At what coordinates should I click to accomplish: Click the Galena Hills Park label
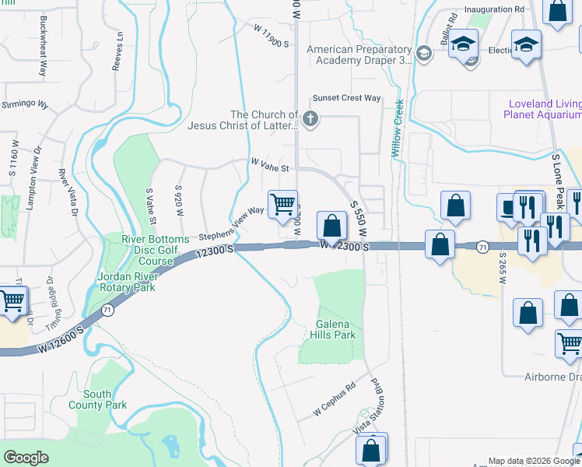(x=336, y=329)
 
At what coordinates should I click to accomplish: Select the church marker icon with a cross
(x=310, y=119)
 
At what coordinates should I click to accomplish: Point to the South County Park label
(x=96, y=399)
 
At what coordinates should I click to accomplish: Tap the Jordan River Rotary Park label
(x=126, y=282)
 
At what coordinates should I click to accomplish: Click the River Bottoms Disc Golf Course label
(x=155, y=250)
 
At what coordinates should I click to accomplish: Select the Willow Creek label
(x=397, y=129)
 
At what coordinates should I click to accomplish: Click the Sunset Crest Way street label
(x=346, y=99)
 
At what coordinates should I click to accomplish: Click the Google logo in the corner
(x=26, y=458)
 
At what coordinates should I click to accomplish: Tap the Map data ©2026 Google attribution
(x=534, y=461)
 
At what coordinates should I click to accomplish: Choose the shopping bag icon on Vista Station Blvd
(x=371, y=450)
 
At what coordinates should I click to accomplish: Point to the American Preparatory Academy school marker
(x=423, y=54)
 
